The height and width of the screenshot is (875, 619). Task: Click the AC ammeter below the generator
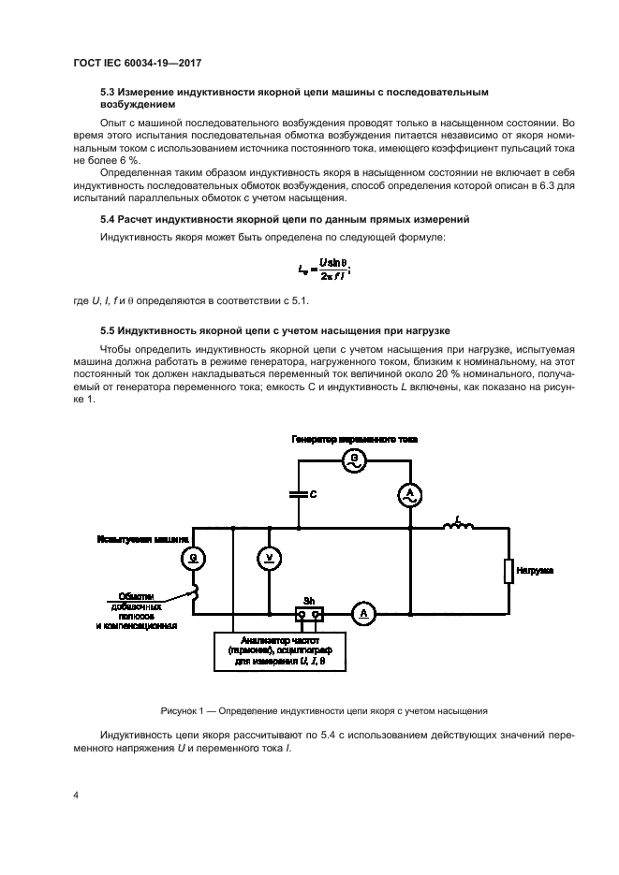[x=408, y=494]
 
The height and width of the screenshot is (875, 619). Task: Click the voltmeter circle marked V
[x=269, y=558]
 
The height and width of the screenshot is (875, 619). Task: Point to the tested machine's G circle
[x=193, y=558]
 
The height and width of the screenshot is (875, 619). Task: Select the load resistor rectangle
[x=508, y=571]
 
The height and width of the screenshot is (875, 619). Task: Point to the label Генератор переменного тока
[x=354, y=438]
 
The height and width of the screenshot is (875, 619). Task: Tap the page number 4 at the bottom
[x=75, y=795]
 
